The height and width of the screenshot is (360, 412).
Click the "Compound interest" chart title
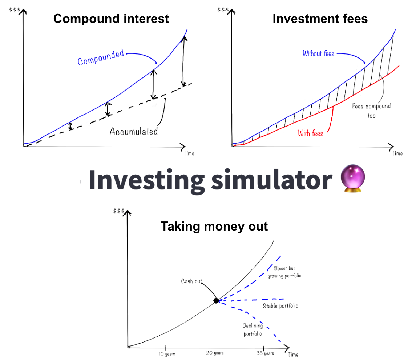pos(111,19)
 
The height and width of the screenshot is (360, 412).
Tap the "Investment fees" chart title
pos(320,19)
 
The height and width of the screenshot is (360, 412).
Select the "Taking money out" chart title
pos(214,226)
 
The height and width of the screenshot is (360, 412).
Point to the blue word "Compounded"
pos(101,58)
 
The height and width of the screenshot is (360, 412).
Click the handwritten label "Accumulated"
pos(134,131)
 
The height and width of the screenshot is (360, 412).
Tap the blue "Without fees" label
pos(318,54)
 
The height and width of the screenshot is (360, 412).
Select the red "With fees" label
pos(311,133)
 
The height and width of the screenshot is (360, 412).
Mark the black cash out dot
pos(216,300)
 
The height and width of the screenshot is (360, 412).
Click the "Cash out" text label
pos(191,281)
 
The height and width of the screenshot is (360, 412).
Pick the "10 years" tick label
pos(167,353)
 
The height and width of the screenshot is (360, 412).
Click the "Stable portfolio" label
pos(280,306)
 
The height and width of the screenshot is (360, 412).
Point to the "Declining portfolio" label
pos(253,330)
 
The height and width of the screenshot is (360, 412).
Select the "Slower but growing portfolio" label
pos(284,272)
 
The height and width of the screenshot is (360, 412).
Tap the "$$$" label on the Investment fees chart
pos(223,9)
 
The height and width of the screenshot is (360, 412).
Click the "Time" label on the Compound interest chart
pos(189,153)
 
